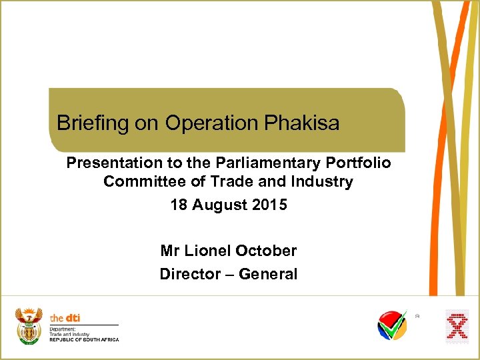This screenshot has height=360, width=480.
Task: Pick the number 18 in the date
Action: click(179, 205)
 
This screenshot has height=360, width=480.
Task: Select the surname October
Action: click(266, 251)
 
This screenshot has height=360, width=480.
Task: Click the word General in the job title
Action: click(268, 274)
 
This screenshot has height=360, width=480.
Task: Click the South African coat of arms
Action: click(29, 325)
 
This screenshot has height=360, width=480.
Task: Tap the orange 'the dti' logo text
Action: click(65, 318)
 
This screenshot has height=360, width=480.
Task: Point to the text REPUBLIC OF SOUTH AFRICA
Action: click(85, 340)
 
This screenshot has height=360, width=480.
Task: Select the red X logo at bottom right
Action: click(457, 327)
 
